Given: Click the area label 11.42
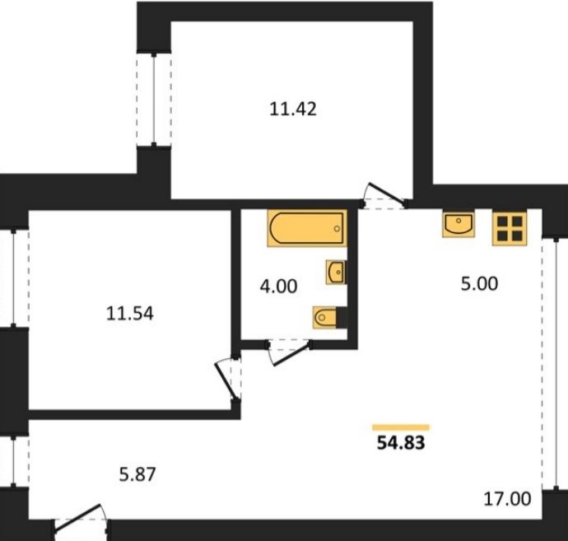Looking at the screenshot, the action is pyautogui.click(x=293, y=109).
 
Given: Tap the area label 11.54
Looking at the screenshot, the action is pyautogui.click(x=130, y=314).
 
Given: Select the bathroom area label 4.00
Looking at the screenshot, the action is pyautogui.click(x=278, y=286).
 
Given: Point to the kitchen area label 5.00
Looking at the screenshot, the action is pyautogui.click(x=479, y=284).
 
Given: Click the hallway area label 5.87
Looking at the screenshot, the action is pyautogui.click(x=137, y=474).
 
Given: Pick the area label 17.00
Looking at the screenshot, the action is pyautogui.click(x=508, y=499).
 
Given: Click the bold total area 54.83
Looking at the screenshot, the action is pyautogui.click(x=401, y=442).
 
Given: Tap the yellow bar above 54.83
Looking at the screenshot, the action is pyautogui.click(x=401, y=427).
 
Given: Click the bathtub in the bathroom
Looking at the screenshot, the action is pyautogui.click(x=307, y=228).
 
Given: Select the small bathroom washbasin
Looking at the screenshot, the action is pyautogui.click(x=336, y=272).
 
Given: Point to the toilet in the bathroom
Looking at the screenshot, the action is pyautogui.click(x=329, y=318).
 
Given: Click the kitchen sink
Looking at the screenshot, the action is pyautogui.click(x=459, y=225).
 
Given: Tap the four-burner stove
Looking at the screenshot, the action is pyautogui.click(x=510, y=229).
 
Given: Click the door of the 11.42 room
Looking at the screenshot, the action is pyautogui.click(x=384, y=197).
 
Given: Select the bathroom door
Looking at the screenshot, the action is pyautogui.click(x=289, y=351).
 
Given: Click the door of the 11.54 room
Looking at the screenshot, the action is pyautogui.click(x=228, y=380).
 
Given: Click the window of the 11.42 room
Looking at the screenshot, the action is pyautogui.click(x=154, y=100).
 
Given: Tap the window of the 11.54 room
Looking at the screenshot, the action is pyautogui.click(x=14, y=278).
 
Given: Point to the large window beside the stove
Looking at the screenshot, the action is pyautogui.click(x=556, y=363).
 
